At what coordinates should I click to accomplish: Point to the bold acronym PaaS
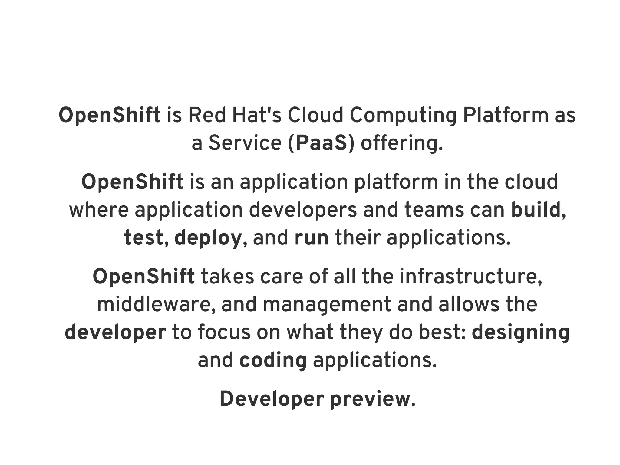click(x=321, y=143)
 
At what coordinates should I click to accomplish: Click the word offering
click(x=401, y=144)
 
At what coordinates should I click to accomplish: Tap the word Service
click(x=245, y=143)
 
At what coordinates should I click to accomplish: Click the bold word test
click(x=143, y=238)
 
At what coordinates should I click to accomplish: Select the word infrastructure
click(x=471, y=276)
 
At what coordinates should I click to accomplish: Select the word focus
click(x=224, y=332)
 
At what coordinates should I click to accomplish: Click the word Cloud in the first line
click(x=315, y=115)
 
